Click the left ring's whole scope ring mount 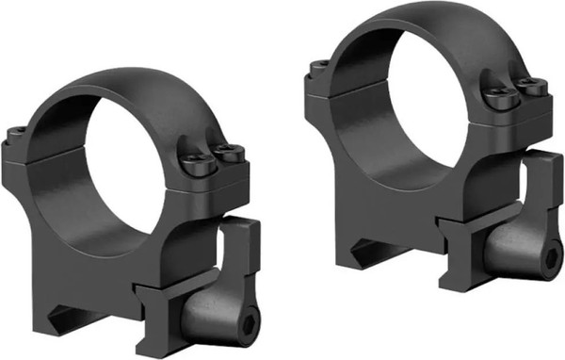pos(132,217)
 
